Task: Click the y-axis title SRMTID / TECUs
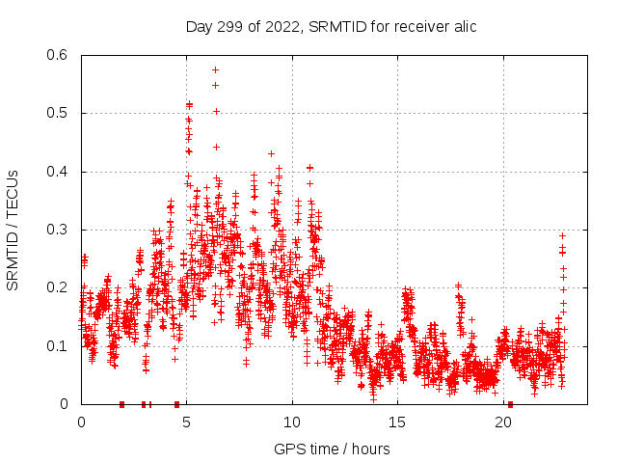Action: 13,230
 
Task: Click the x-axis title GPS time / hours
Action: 332,449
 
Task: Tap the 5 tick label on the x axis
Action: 187,422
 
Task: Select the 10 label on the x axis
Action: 292,422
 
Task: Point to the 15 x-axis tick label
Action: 398,422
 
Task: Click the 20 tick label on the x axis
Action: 504,422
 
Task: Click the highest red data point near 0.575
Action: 215,69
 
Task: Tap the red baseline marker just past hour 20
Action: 510,404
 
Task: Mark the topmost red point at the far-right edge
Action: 562,235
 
